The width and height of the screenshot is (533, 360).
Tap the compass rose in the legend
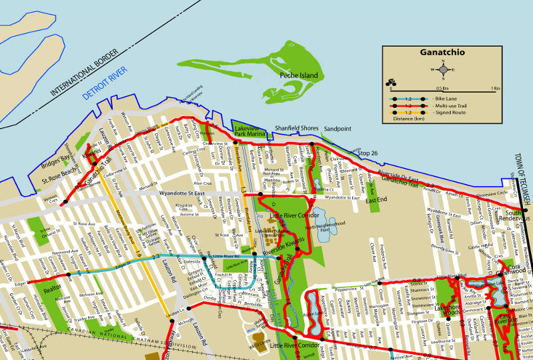tap(442, 69)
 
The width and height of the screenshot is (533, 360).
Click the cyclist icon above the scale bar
tap(389, 83)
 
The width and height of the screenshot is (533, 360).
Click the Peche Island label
tap(298, 76)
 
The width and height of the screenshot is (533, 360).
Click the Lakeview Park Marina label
tap(250, 131)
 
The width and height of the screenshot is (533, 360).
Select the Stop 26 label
tap(368, 154)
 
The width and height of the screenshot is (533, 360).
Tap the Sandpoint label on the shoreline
tap(338, 128)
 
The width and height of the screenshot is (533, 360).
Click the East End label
tap(375, 200)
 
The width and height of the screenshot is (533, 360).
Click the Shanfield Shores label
tap(297, 127)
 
